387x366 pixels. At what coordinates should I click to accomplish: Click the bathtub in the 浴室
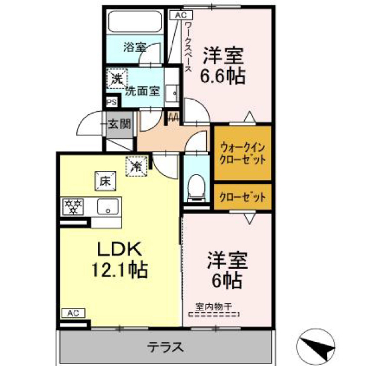(135, 22)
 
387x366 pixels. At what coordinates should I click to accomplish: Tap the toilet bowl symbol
(197, 188)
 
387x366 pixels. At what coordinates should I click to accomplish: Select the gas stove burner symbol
(73, 207)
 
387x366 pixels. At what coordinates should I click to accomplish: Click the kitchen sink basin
(108, 207)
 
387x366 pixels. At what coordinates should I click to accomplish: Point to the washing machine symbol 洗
(117, 79)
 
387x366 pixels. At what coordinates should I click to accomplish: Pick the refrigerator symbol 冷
(137, 166)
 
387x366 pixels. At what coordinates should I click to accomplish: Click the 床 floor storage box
(105, 181)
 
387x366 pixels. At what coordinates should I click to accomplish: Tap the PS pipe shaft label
(111, 102)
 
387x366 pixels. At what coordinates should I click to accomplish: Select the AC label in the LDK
(73, 313)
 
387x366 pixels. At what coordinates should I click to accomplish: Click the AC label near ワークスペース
(181, 15)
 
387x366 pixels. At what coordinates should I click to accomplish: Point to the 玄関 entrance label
(120, 124)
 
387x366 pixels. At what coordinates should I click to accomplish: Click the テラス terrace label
(165, 347)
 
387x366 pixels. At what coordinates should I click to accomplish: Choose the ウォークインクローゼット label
(242, 153)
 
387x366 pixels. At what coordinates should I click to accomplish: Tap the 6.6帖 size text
(223, 76)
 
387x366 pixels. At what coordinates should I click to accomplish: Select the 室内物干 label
(213, 307)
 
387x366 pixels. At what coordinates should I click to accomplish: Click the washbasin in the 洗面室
(172, 93)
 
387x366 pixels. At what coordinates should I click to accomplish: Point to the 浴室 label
(135, 47)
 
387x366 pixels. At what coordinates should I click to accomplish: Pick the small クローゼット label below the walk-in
(242, 197)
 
